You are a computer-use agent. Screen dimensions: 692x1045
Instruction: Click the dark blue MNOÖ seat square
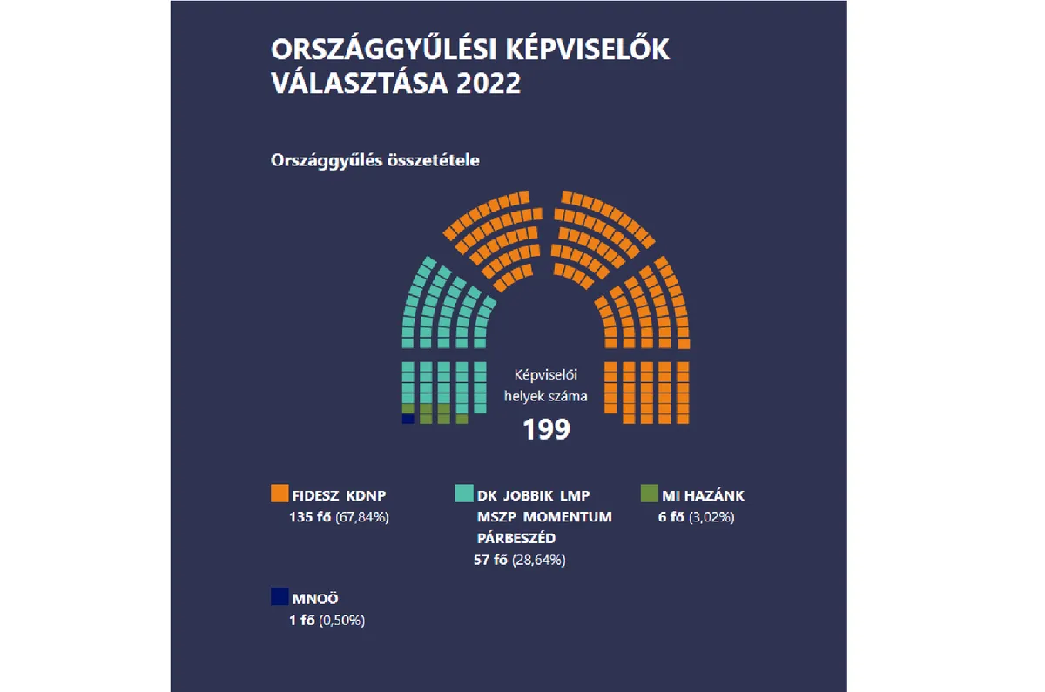point(407,419)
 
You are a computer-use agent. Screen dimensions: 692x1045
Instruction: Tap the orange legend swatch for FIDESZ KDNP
point(280,494)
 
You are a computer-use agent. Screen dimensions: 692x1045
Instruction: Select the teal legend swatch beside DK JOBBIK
point(464,494)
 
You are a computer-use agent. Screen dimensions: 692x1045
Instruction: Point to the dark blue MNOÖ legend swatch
point(280,596)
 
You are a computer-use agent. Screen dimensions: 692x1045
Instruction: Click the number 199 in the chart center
point(546,428)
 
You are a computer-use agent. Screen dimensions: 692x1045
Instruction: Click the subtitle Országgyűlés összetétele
point(375,161)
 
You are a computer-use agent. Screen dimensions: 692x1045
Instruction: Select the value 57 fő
point(491,560)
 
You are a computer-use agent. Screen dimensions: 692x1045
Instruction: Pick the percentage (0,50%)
point(341,621)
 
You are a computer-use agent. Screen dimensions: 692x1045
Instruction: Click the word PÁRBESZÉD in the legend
point(516,538)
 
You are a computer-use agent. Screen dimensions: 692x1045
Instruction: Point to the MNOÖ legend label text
point(313,599)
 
